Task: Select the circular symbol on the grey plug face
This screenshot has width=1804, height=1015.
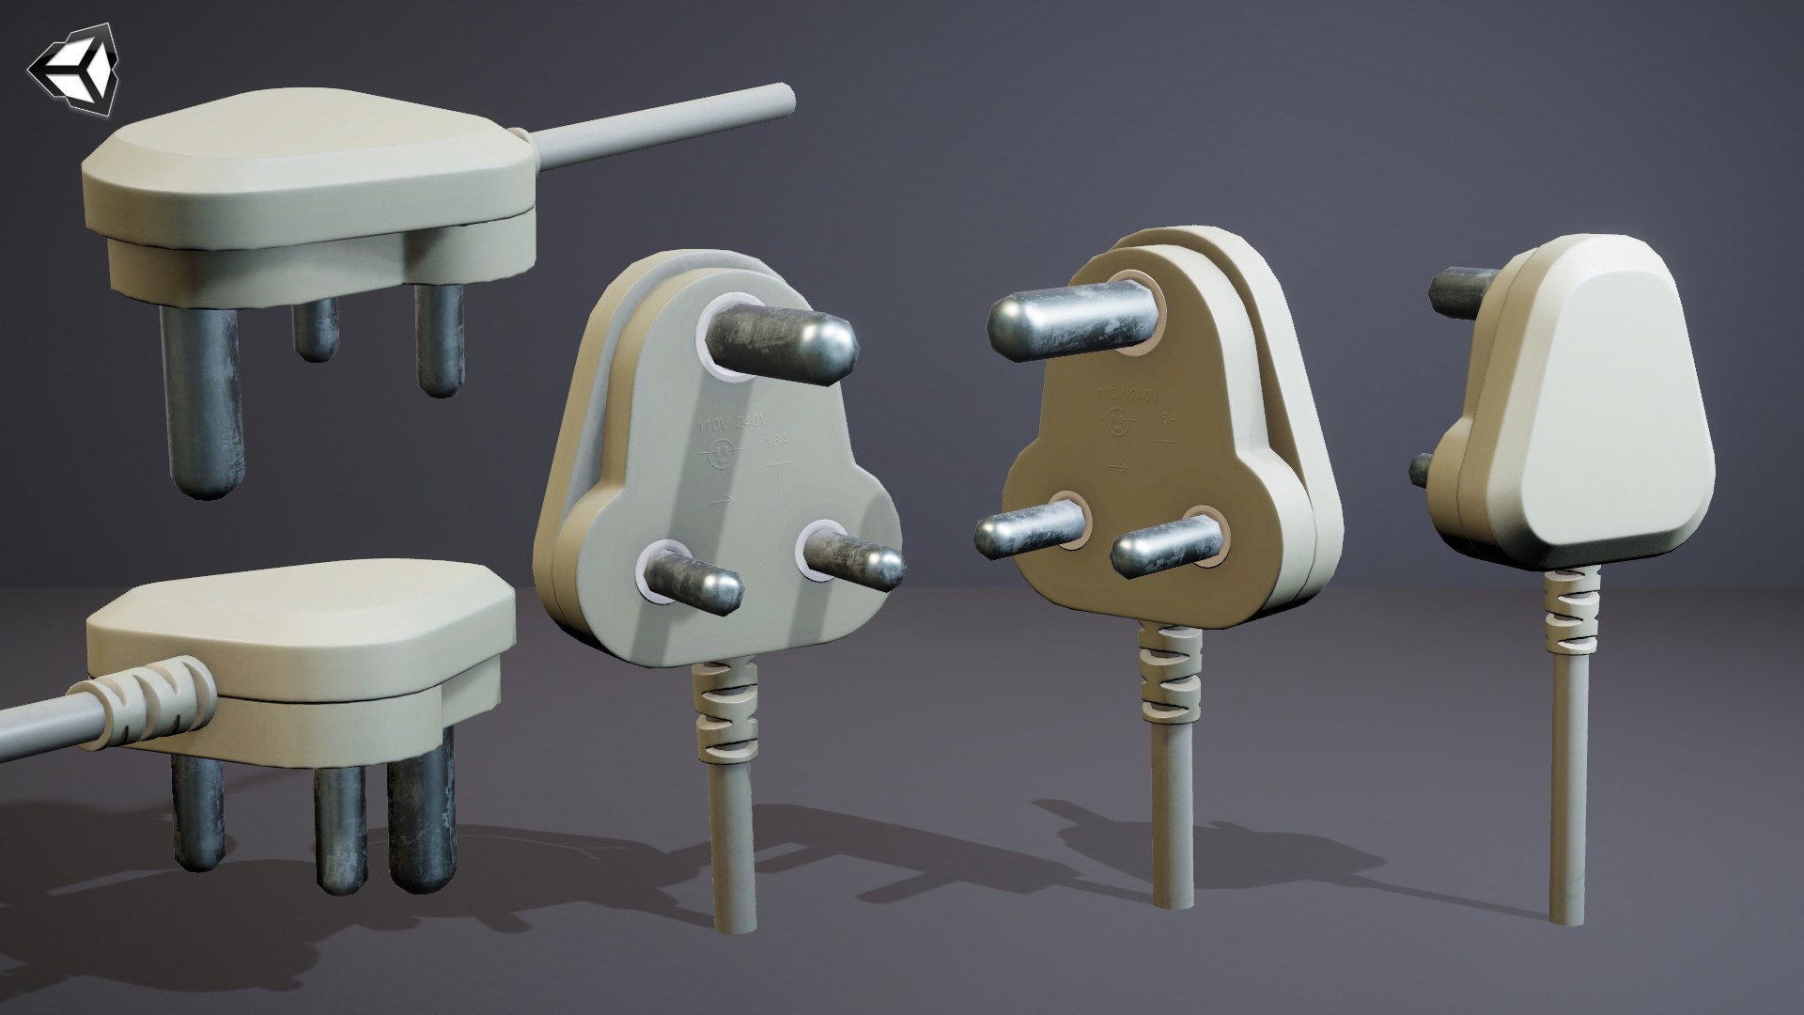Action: click(722, 457)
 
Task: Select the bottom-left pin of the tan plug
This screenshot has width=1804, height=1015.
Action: click(1029, 528)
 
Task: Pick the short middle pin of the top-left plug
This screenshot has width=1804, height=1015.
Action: click(315, 330)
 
